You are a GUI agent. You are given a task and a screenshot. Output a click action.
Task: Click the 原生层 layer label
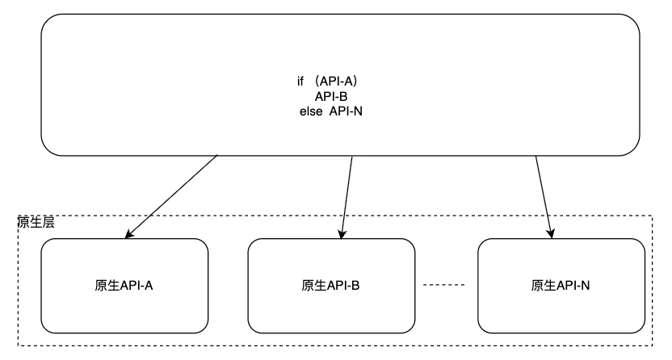pos(36,222)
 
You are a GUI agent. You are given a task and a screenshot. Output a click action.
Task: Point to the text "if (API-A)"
pos(327,82)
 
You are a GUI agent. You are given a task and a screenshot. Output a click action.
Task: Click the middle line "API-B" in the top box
pos(331,96)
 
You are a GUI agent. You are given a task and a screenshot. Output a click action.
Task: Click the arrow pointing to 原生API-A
pos(172,196)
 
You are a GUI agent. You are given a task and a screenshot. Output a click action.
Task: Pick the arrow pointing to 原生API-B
pos(348,196)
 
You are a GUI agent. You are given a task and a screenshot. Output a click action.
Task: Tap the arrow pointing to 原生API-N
pos(544,196)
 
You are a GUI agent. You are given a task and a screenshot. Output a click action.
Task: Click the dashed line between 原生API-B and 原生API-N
pos(444,285)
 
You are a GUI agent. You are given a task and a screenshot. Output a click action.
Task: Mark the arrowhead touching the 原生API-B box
pos(343,233)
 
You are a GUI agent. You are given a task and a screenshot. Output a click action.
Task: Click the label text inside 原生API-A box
pos(124,285)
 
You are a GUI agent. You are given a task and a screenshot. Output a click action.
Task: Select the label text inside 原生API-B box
pos(330,285)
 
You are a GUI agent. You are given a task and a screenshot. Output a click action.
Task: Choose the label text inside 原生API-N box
pos(561,285)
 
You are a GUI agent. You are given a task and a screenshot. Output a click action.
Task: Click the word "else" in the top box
pos(310,111)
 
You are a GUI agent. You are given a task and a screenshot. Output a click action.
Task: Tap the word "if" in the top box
pos(300,82)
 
